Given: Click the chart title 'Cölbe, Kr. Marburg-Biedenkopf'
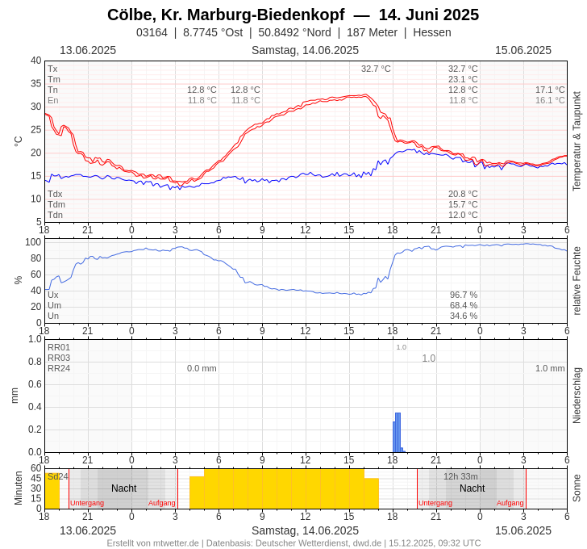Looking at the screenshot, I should tap(226, 15).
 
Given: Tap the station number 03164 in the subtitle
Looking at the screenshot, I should tap(152, 32).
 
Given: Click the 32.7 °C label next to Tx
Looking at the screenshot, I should tap(463, 69).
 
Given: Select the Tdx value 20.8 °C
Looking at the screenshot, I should tap(463, 194).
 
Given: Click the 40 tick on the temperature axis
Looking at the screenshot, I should tap(35, 61).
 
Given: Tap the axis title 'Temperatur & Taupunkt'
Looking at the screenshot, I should tap(577, 141).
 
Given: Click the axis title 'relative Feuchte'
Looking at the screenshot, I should tap(577, 280).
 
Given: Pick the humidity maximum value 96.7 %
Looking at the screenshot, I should tap(464, 295).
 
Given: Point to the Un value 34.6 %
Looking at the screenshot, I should tap(464, 316).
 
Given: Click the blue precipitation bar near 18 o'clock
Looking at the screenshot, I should tap(397, 432).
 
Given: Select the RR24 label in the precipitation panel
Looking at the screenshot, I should tap(59, 368).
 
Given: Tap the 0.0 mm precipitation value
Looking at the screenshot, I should tap(202, 368).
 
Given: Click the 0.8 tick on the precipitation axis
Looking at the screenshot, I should tap(35, 361).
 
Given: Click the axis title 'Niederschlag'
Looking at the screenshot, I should tap(577, 396).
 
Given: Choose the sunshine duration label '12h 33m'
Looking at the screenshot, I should tap(460, 476).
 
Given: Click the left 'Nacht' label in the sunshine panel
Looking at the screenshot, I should tap(123, 488).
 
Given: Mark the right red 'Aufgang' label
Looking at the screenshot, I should tap(510, 503).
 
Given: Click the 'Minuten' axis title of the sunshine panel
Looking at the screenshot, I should tap(19, 488).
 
